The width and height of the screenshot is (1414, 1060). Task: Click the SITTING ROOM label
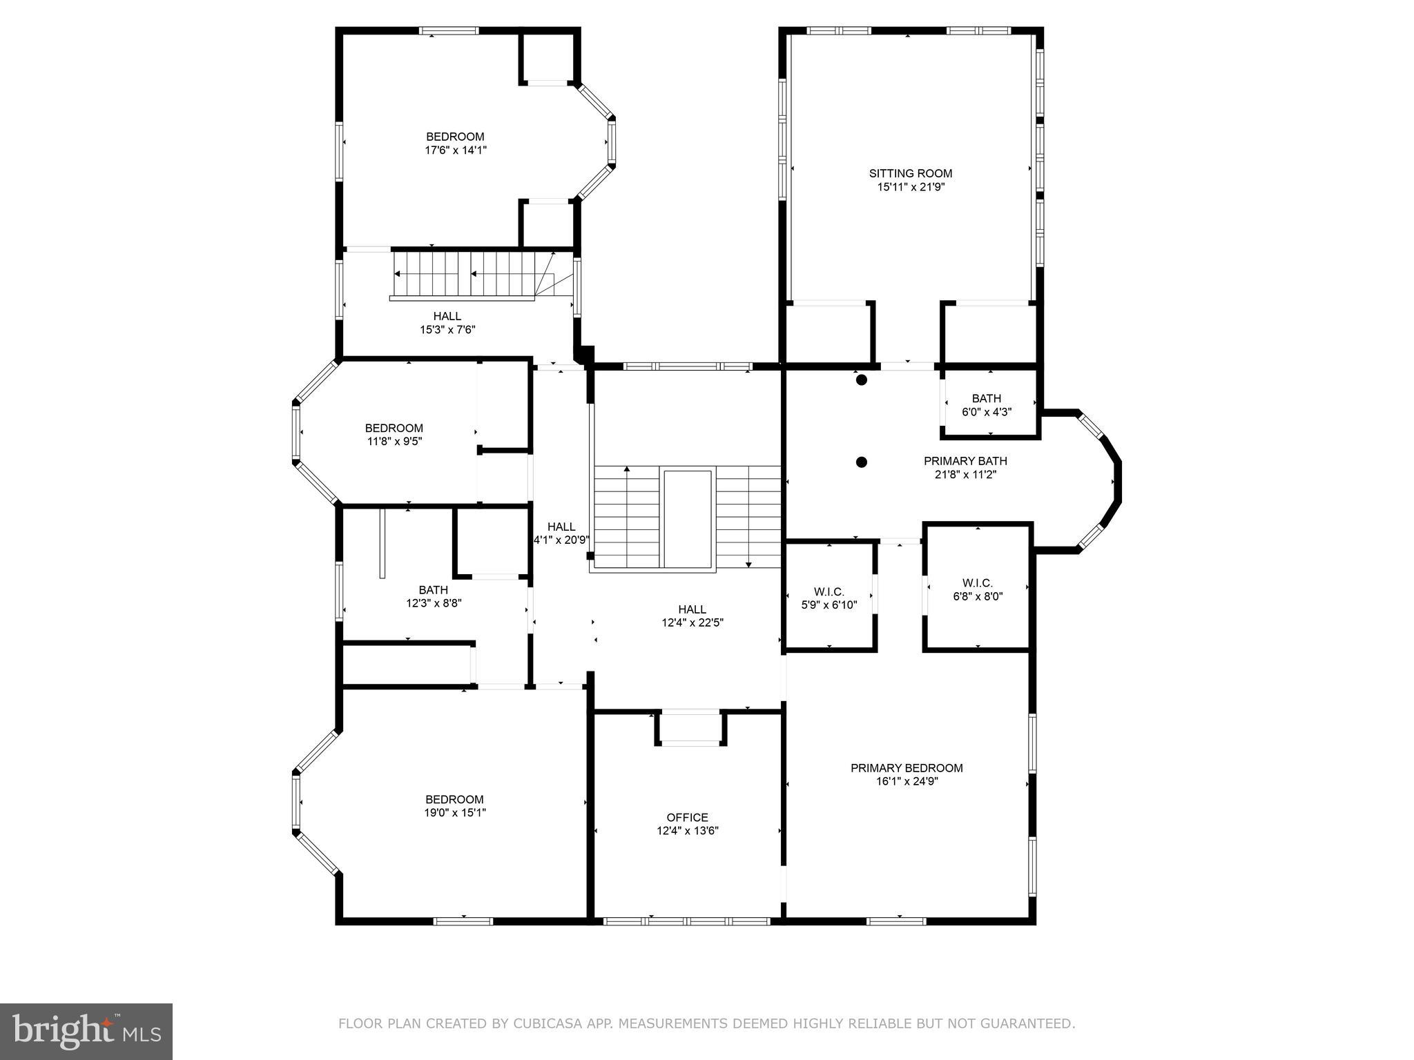[x=910, y=173]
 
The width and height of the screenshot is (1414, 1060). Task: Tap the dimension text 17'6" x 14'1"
[x=456, y=150]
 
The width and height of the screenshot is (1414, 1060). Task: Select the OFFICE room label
[x=687, y=817]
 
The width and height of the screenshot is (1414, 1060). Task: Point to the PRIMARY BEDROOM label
[x=906, y=767]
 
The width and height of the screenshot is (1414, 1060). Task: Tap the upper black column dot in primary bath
[x=861, y=380]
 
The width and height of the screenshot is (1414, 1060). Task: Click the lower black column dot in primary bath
[x=861, y=462]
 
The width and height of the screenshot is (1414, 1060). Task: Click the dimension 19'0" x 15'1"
[x=455, y=812]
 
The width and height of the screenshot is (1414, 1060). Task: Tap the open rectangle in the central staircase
[x=687, y=518]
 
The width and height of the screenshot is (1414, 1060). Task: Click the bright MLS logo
[x=86, y=1031]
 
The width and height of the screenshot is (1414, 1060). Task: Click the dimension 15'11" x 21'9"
[x=910, y=186]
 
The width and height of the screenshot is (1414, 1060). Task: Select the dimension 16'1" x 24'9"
[x=906, y=781]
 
